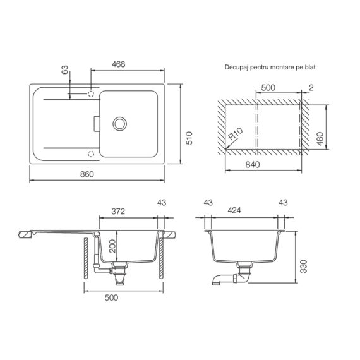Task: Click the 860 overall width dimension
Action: [87, 174]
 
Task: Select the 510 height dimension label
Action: [189, 138]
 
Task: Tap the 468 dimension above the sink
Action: [119, 64]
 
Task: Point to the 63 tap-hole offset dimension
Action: [65, 70]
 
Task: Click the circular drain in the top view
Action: [119, 124]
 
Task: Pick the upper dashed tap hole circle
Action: [91, 93]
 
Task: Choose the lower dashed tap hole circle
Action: [91, 153]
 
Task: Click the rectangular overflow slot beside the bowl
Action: [97, 124]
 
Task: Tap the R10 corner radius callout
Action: [236, 134]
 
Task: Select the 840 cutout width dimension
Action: [253, 164]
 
